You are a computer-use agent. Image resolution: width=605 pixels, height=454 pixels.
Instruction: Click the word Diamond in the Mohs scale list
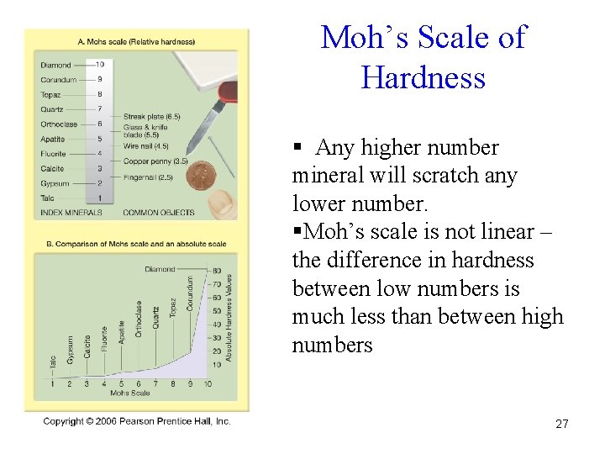click(55, 65)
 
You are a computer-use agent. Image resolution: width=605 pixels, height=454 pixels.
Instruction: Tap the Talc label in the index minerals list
click(47, 198)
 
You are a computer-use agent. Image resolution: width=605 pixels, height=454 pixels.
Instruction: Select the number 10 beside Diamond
click(99, 64)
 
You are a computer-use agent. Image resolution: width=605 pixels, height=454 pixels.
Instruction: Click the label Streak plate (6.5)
click(152, 116)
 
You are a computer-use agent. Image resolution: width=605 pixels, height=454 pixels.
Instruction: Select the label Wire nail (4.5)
click(146, 146)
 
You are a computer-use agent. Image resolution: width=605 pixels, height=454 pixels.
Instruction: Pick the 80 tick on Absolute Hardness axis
click(217, 270)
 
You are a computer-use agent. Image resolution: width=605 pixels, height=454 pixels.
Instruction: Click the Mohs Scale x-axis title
click(130, 393)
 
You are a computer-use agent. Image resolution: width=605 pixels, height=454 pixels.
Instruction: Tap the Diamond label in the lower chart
click(160, 269)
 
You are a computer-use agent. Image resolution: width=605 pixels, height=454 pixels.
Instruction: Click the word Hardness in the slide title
click(423, 78)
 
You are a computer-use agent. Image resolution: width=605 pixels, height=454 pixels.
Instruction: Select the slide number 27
click(561, 425)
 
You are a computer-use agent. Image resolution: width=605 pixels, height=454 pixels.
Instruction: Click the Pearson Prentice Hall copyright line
click(137, 421)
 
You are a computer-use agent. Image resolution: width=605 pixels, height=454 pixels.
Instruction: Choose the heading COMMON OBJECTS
click(159, 213)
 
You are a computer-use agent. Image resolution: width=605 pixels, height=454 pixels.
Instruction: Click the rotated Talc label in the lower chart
click(53, 363)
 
